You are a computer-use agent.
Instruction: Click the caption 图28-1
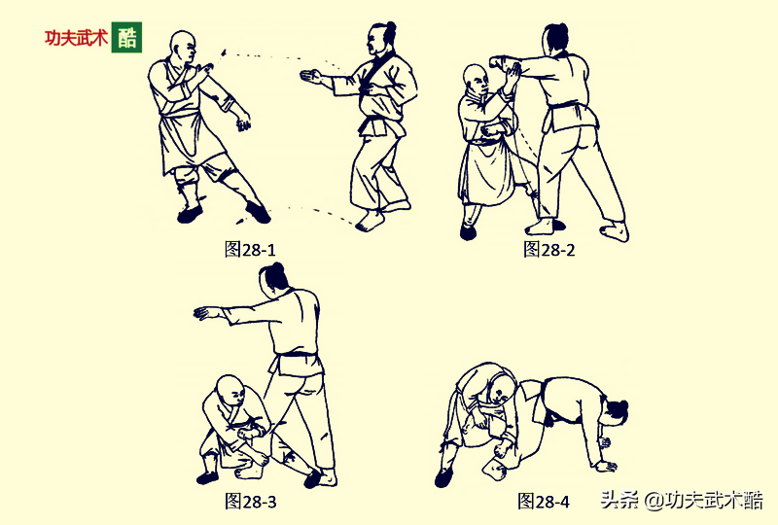tap(250, 249)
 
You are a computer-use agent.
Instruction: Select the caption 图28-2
tap(549, 249)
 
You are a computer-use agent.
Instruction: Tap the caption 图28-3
tap(250, 501)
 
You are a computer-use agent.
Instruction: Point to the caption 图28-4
tap(544, 501)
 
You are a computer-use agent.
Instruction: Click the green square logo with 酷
tap(126, 37)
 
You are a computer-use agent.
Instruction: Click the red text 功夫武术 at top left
tap(76, 38)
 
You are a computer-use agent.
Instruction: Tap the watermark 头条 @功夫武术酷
tap(682, 500)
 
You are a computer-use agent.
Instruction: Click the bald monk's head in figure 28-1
tap(183, 47)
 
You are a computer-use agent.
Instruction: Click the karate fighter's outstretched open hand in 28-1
tap(311, 77)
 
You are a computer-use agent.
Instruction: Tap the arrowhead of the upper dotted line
tap(223, 52)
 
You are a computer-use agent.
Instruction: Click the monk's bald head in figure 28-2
tap(476, 82)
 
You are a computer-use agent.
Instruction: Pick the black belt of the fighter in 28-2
tap(567, 106)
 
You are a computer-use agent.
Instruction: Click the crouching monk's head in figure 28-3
tap(231, 391)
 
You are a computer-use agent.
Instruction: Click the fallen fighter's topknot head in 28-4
tap(615, 412)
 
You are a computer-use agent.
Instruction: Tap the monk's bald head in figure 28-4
tap(502, 390)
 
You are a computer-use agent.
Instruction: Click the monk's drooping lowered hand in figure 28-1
tap(243, 122)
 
